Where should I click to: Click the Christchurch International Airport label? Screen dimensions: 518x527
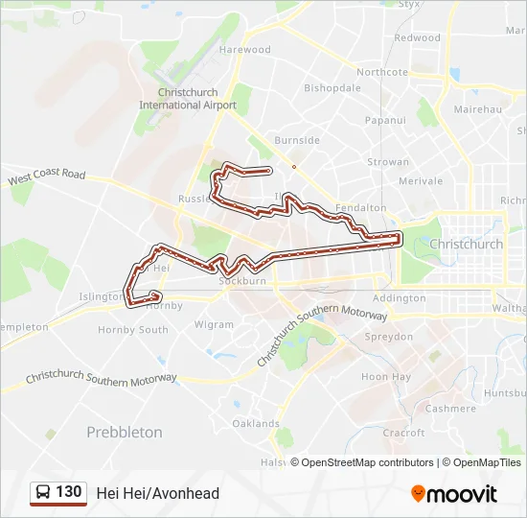188,99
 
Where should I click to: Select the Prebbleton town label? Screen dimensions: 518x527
125,433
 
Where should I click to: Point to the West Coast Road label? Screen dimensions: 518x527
46,177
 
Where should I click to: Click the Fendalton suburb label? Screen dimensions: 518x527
362,207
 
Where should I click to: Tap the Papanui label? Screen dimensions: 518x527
385,121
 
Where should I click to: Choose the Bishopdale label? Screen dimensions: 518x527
332,87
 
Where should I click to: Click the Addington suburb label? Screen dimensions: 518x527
399,298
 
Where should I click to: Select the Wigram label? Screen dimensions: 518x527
214,324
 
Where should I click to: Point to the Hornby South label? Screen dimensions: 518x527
133,330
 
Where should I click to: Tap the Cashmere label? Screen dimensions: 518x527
450,409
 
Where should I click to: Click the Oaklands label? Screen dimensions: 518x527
256,423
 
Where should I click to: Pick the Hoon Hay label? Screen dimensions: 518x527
386,377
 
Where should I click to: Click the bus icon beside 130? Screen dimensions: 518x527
43,493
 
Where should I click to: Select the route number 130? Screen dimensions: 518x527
69,492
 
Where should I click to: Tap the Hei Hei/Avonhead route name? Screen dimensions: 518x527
158,493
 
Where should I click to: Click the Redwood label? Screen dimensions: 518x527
417,38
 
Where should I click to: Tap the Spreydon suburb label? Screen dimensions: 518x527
388,338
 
